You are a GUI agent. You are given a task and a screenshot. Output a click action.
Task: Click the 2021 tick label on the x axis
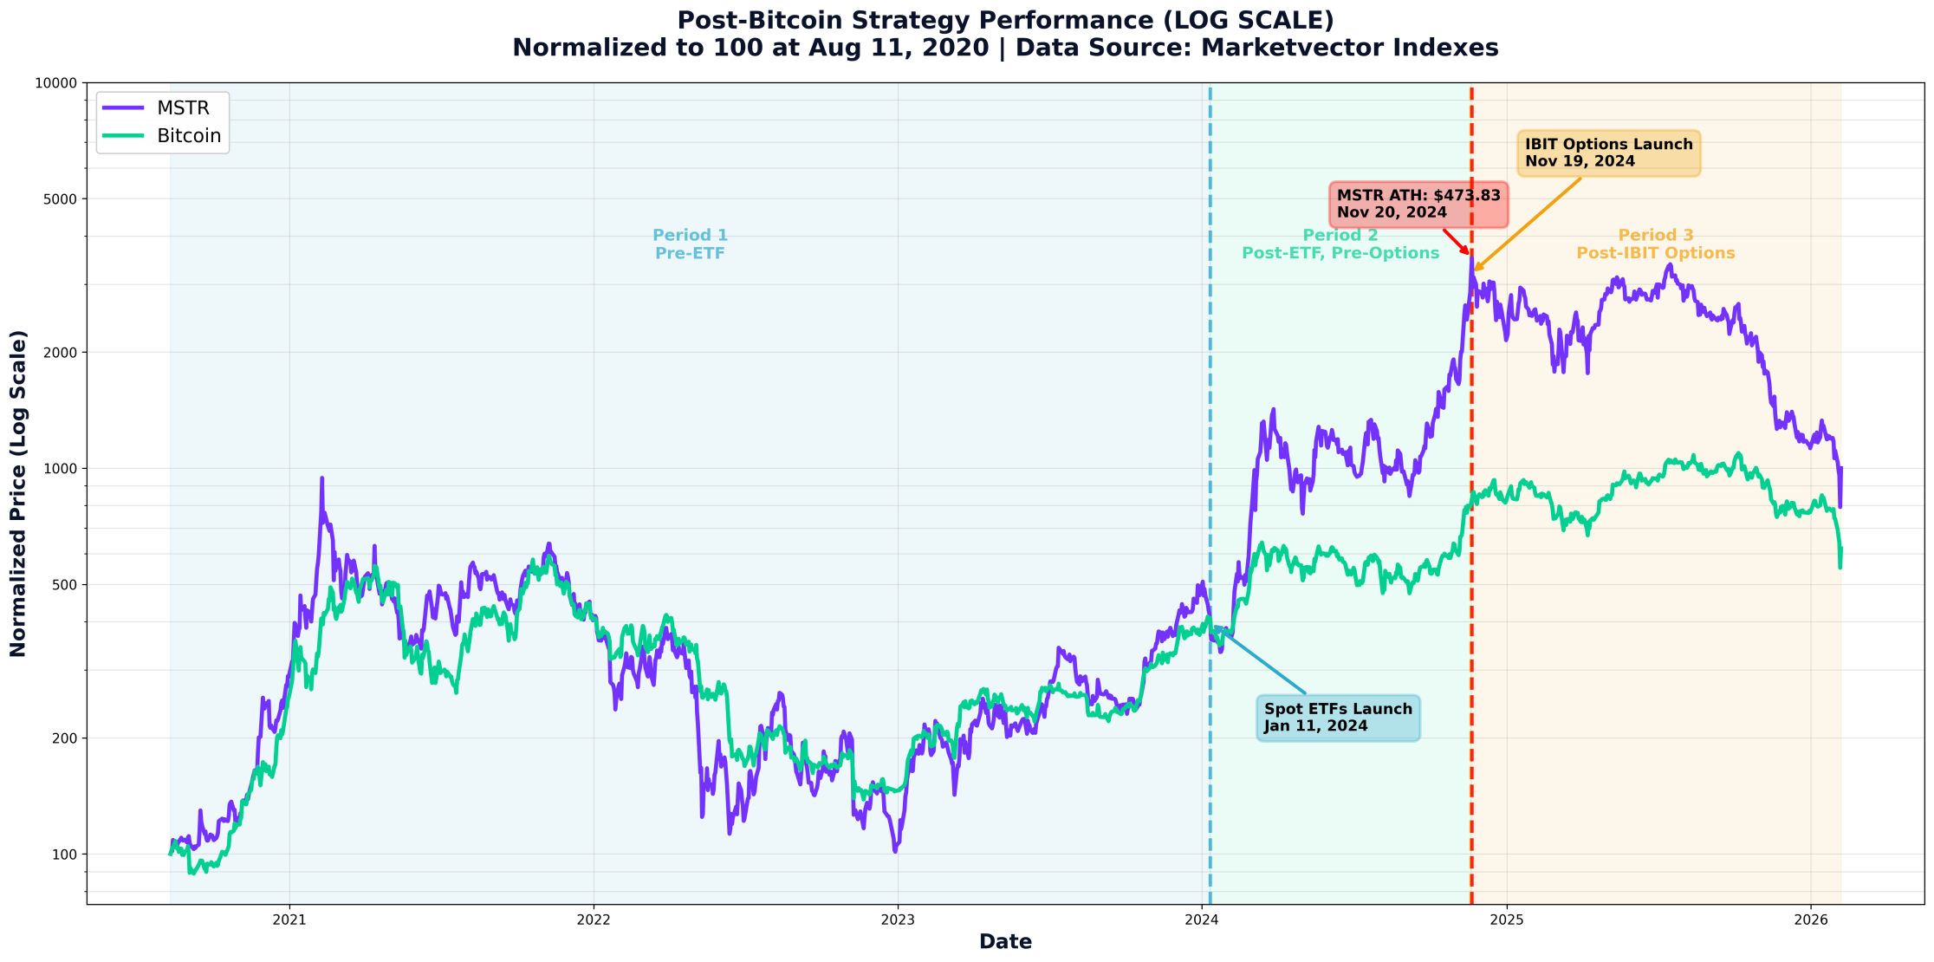pos(289,920)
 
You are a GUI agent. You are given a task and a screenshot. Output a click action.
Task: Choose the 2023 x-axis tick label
pos(898,920)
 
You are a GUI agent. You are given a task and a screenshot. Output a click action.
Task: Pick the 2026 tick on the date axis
pos(1810,920)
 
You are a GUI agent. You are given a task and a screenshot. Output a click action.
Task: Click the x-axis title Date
pos(1005,942)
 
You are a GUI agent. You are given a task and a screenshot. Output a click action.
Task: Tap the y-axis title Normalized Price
pos(19,493)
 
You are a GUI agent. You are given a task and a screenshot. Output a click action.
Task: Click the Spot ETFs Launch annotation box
pos(1338,718)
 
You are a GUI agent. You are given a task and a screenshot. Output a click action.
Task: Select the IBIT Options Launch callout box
pos(1608,153)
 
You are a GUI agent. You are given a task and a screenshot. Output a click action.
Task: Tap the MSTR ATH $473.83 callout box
pos(1418,205)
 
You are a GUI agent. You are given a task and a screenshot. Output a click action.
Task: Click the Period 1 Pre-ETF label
pos(690,244)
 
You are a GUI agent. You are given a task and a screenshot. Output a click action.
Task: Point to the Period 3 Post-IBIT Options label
pos(1655,244)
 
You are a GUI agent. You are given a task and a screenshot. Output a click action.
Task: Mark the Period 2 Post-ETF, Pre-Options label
pos(1340,244)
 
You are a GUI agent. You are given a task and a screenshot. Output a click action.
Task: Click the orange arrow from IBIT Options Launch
pos(1529,223)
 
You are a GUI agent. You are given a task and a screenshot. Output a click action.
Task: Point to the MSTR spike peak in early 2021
pos(321,478)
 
